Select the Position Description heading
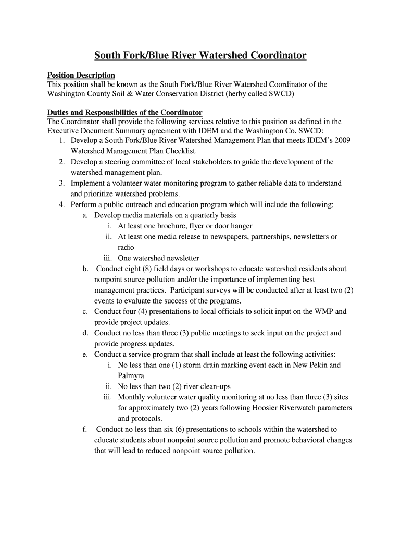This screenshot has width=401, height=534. click(81, 76)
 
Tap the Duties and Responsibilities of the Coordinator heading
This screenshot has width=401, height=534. click(125, 113)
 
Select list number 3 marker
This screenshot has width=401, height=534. click(61, 183)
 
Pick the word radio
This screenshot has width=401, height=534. click(126, 247)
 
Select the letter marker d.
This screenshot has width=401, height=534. click(84, 333)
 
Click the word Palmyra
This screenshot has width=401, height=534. click(131, 375)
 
